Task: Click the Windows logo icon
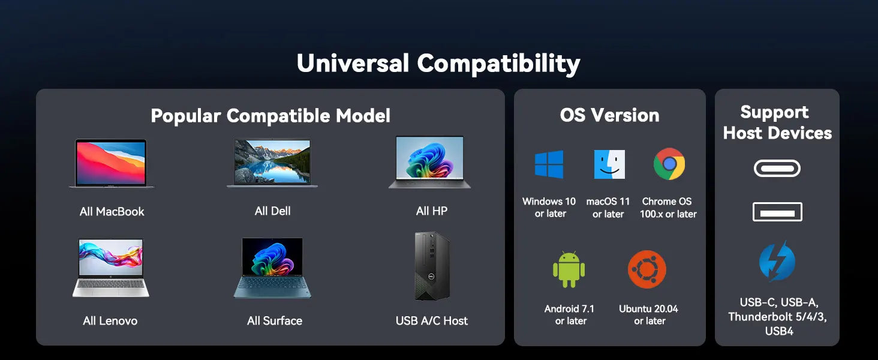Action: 549,164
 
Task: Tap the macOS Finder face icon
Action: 609,164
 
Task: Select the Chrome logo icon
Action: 669,164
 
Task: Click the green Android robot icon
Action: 569,269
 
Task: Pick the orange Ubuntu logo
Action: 647,269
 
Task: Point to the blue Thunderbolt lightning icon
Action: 777,261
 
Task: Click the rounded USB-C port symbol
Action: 777,169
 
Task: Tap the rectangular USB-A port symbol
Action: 777,212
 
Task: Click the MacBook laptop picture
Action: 112,163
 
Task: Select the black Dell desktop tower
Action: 432,266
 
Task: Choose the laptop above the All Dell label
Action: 272,163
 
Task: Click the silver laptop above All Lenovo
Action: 111,268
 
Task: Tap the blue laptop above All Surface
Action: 272,268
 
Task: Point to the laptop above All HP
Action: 429,162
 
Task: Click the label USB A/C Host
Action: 432,321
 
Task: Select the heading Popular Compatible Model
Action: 270,116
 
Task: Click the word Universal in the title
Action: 353,63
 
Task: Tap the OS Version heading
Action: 609,115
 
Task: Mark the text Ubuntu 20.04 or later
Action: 649,314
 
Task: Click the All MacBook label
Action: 112,212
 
